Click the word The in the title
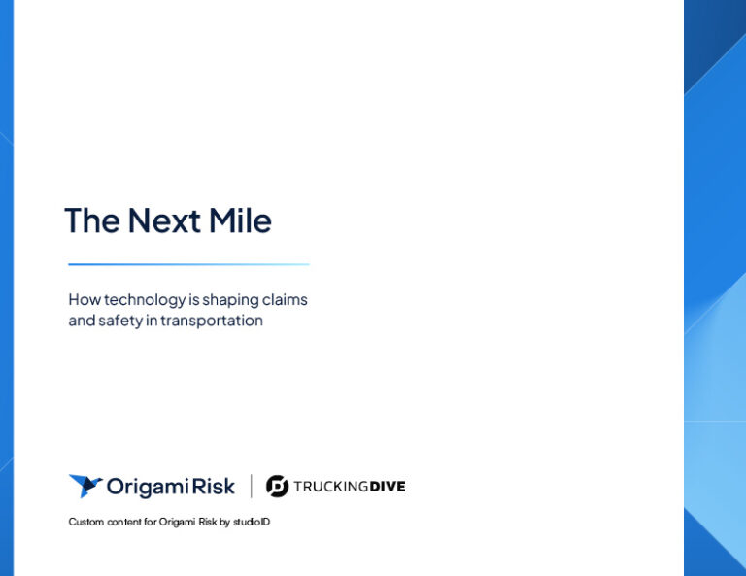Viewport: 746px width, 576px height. [92, 220]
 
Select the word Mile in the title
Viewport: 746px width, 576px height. [243, 220]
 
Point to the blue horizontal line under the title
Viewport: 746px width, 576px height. [188, 264]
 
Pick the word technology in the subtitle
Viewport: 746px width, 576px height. [144, 300]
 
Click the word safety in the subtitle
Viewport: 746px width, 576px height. [122, 321]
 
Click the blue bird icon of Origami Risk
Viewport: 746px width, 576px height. [85, 486]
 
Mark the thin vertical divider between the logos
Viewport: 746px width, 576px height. [252, 486]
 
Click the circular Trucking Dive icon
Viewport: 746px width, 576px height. [277, 487]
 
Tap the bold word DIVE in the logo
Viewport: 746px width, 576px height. [388, 487]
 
